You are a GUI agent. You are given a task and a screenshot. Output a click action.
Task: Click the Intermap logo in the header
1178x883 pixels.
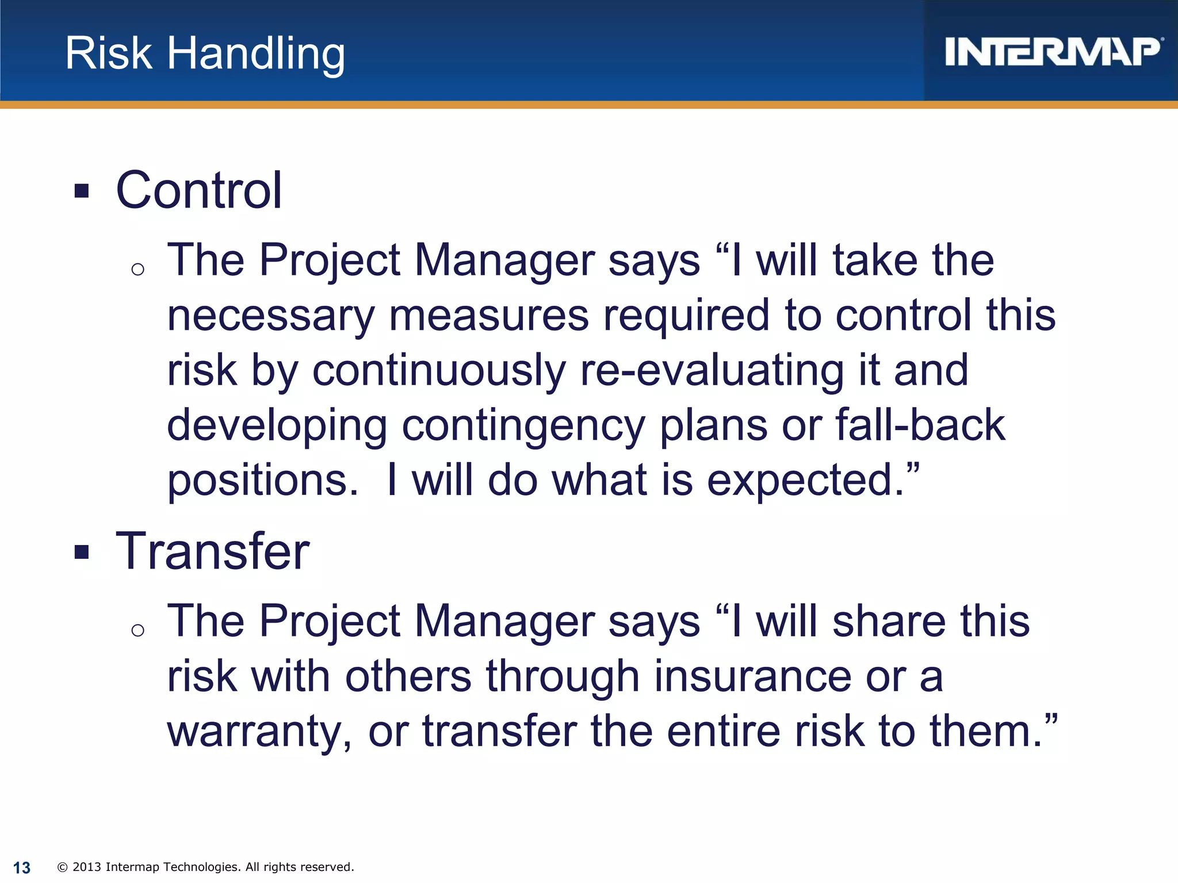click(1053, 52)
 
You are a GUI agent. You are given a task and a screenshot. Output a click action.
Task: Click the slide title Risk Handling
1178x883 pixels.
click(205, 53)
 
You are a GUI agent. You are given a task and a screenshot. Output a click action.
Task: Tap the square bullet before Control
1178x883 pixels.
click(82, 191)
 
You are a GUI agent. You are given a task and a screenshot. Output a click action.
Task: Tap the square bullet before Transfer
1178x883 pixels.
click(82, 552)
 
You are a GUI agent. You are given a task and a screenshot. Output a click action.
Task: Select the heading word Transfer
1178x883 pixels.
click(212, 551)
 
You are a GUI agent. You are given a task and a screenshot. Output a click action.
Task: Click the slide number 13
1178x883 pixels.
click(22, 867)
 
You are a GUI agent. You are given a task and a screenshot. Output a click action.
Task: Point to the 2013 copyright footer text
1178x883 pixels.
click(206, 867)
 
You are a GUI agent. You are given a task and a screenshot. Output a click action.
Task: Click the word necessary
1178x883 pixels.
click(271, 316)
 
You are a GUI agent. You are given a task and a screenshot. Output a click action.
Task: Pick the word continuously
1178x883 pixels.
click(439, 371)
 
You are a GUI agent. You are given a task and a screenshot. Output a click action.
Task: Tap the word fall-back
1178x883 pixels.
click(920, 425)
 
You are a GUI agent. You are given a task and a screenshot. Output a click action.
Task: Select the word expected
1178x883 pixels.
click(805, 481)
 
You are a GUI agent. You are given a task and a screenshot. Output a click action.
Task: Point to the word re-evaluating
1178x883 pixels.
click(712, 371)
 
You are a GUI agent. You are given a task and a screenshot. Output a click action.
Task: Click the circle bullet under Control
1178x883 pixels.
click(137, 269)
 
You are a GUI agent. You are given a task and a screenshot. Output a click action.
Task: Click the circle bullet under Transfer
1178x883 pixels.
click(137, 631)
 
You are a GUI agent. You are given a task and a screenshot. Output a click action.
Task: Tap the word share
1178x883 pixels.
click(889, 622)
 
